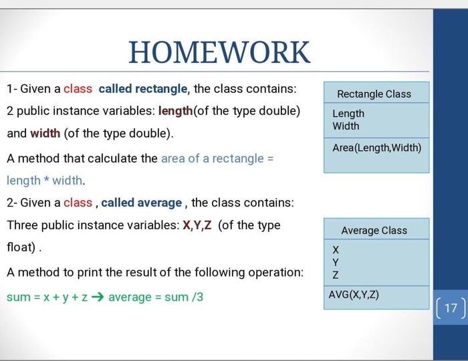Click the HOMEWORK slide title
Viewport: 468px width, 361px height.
pyautogui.click(x=219, y=51)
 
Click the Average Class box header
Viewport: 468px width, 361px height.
pyautogui.click(x=374, y=230)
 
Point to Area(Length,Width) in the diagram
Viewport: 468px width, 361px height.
pyautogui.click(x=376, y=147)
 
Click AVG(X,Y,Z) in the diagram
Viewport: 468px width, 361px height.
pyautogui.click(x=354, y=294)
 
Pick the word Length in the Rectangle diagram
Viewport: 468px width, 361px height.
pyautogui.click(x=348, y=114)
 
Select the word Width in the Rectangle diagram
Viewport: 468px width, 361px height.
pyautogui.click(x=346, y=126)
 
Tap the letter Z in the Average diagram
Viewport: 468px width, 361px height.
pyautogui.click(x=336, y=275)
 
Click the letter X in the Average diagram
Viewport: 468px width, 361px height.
pyautogui.click(x=336, y=249)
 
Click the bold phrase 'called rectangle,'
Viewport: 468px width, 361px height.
pyautogui.click(x=144, y=89)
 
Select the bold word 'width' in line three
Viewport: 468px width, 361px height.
pyautogui.click(x=45, y=133)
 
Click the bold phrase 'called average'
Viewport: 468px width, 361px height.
pyautogui.click(x=142, y=202)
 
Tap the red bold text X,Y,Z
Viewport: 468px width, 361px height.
pyautogui.click(x=197, y=225)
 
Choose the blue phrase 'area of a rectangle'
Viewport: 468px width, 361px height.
pyautogui.click(x=213, y=158)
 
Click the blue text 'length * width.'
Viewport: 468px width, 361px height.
pyautogui.click(x=46, y=180)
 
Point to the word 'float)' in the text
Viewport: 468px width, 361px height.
pyautogui.click(x=21, y=247)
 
